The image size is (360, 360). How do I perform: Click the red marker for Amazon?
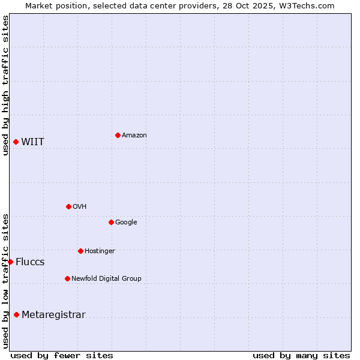118,135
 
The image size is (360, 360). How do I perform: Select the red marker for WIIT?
16,142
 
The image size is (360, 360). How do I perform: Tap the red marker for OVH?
68,206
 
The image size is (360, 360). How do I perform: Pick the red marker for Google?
111,222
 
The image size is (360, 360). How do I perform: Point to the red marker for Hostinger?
80,251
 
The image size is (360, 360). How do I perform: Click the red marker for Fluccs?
10,262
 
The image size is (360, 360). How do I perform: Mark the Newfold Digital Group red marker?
67,278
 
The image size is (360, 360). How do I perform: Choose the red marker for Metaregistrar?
16,314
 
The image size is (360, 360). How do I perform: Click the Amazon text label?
134,136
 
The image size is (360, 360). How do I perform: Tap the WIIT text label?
32,142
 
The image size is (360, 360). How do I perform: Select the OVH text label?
79,207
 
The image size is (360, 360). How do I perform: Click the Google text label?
126,223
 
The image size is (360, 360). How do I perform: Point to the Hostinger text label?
100,251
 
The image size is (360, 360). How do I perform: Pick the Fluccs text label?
30,262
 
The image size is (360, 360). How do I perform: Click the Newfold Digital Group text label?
106,279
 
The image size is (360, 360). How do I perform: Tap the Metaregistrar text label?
53,315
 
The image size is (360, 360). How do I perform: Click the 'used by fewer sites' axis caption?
62,355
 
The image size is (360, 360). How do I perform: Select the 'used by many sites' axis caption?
301,355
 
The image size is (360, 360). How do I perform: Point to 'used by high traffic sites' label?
5,85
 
